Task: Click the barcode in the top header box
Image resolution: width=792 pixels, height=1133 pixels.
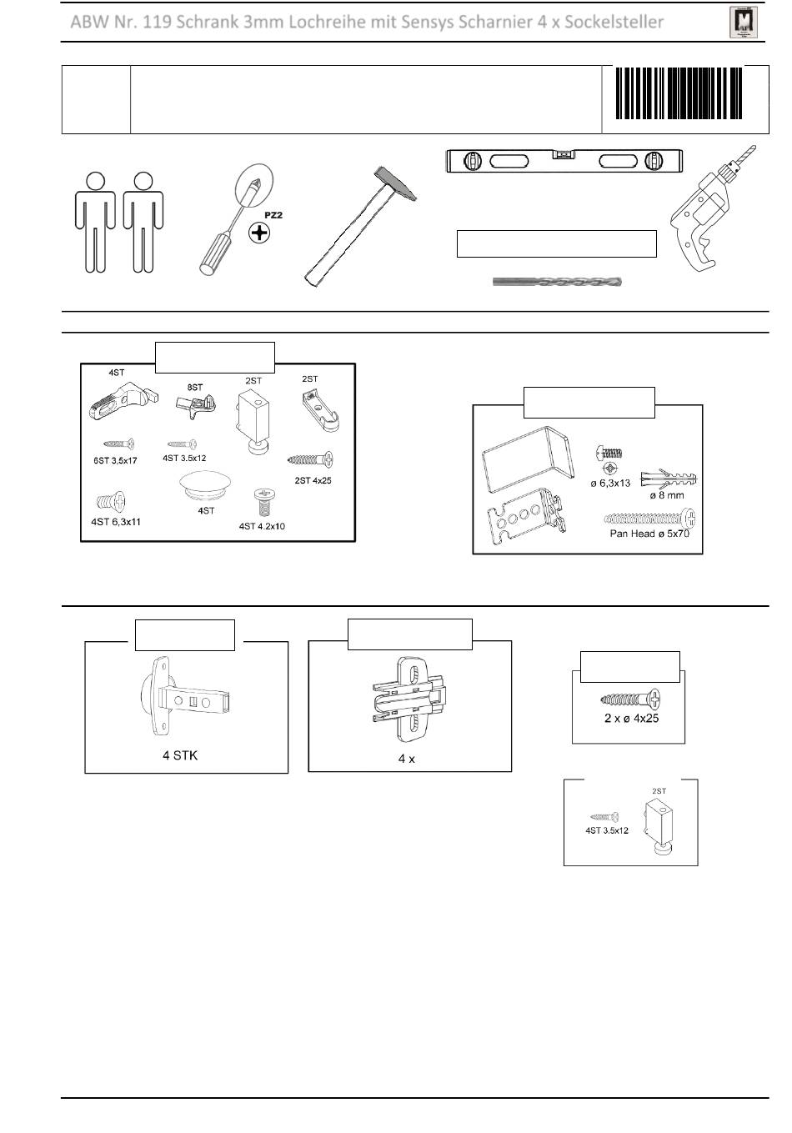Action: point(679,94)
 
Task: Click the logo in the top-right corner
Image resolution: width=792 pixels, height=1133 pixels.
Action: point(741,23)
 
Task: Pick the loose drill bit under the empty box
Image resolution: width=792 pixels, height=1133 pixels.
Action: point(557,282)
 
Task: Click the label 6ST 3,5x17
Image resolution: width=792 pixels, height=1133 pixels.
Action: point(114,460)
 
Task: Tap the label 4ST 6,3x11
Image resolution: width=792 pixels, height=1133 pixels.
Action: point(118,522)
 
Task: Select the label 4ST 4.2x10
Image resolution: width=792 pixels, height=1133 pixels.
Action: point(262,526)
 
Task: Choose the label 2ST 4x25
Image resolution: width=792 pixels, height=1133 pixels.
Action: point(313,480)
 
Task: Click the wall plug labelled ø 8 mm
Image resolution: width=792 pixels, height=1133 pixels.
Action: point(668,481)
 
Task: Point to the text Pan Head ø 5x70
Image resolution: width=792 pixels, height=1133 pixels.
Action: point(649,534)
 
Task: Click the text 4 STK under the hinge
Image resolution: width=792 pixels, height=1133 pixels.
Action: point(180,755)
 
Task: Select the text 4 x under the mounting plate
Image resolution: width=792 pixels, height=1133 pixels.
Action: point(406,759)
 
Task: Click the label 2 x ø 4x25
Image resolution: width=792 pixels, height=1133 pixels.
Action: point(631,718)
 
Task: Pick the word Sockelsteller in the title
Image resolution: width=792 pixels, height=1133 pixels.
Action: point(614,23)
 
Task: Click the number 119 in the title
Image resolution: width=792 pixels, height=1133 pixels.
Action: point(157,23)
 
